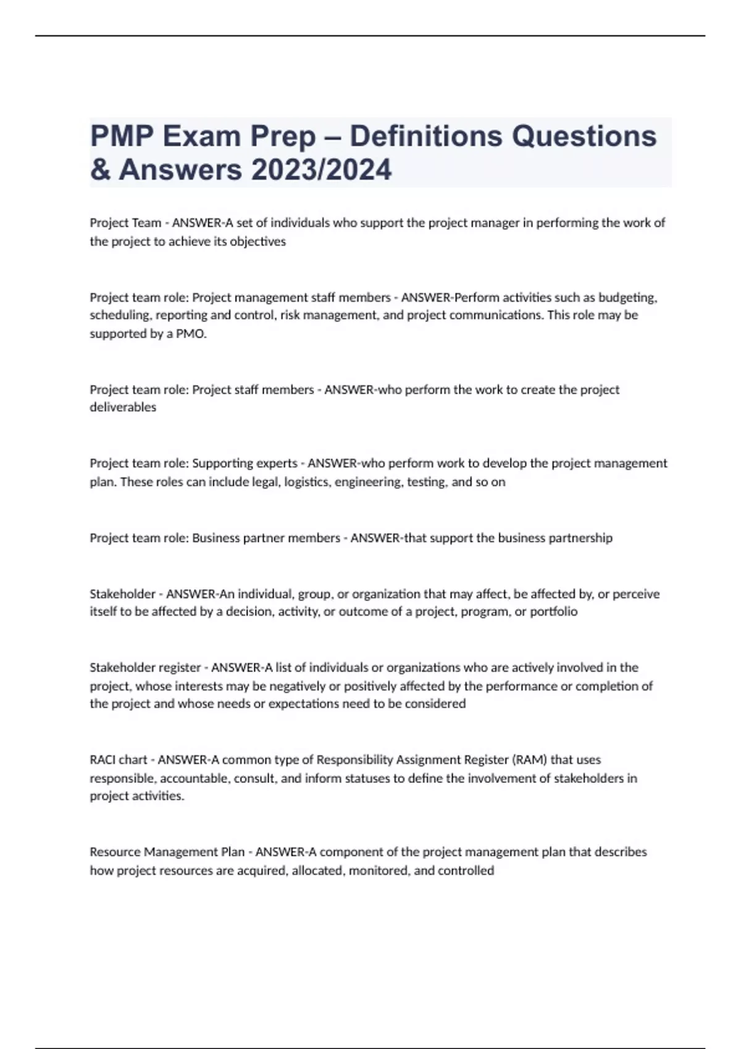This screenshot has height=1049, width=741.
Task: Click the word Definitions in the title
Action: click(425, 136)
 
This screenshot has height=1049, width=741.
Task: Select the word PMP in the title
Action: click(122, 136)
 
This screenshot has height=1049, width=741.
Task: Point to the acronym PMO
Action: click(191, 334)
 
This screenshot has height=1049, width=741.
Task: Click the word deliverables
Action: click(123, 407)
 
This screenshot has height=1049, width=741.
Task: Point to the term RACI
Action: click(102, 760)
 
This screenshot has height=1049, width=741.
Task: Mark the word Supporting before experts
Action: click(219, 463)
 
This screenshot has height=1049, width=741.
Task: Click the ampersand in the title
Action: click(100, 170)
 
